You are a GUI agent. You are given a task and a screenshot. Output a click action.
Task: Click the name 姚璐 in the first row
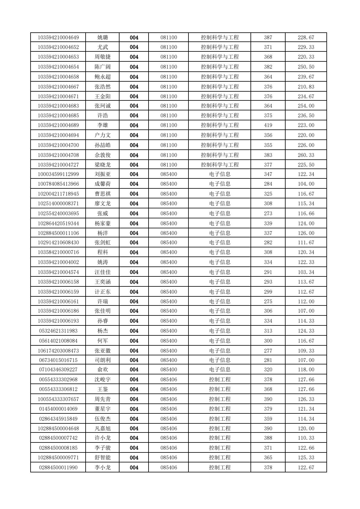[x=103, y=38]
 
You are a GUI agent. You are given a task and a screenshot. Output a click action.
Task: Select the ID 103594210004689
[x=58, y=125]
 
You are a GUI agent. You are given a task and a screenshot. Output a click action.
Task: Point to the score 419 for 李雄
[x=268, y=125]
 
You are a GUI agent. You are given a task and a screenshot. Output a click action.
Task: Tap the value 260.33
[x=306, y=155]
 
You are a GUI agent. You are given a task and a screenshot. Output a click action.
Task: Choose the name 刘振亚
[x=103, y=174]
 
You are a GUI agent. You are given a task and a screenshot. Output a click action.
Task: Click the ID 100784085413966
[x=58, y=184]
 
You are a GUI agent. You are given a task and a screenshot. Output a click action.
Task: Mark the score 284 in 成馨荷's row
[x=268, y=184]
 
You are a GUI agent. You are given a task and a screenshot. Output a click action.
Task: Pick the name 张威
[x=103, y=214]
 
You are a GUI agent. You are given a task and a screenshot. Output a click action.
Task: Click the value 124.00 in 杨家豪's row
[x=306, y=224]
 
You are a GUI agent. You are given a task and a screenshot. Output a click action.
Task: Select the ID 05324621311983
[x=58, y=331]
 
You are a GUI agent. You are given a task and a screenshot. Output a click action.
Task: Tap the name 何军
[x=103, y=341]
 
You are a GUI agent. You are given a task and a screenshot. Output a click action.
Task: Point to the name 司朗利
[x=103, y=360]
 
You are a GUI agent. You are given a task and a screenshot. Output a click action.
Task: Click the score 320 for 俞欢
[x=268, y=370]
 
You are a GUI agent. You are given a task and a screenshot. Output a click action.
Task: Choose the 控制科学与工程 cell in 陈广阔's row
[x=220, y=67]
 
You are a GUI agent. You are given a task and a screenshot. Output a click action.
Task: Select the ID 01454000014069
[x=58, y=409]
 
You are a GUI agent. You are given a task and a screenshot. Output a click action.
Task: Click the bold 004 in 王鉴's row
[x=134, y=389]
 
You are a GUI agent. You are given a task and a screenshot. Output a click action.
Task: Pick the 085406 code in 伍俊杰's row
[x=169, y=419]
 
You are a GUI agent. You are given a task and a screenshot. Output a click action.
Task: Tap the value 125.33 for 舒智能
[x=306, y=458]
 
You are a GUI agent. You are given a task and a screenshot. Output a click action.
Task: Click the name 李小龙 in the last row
[x=103, y=468]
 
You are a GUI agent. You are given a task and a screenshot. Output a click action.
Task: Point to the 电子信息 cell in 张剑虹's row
[x=220, y=243]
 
